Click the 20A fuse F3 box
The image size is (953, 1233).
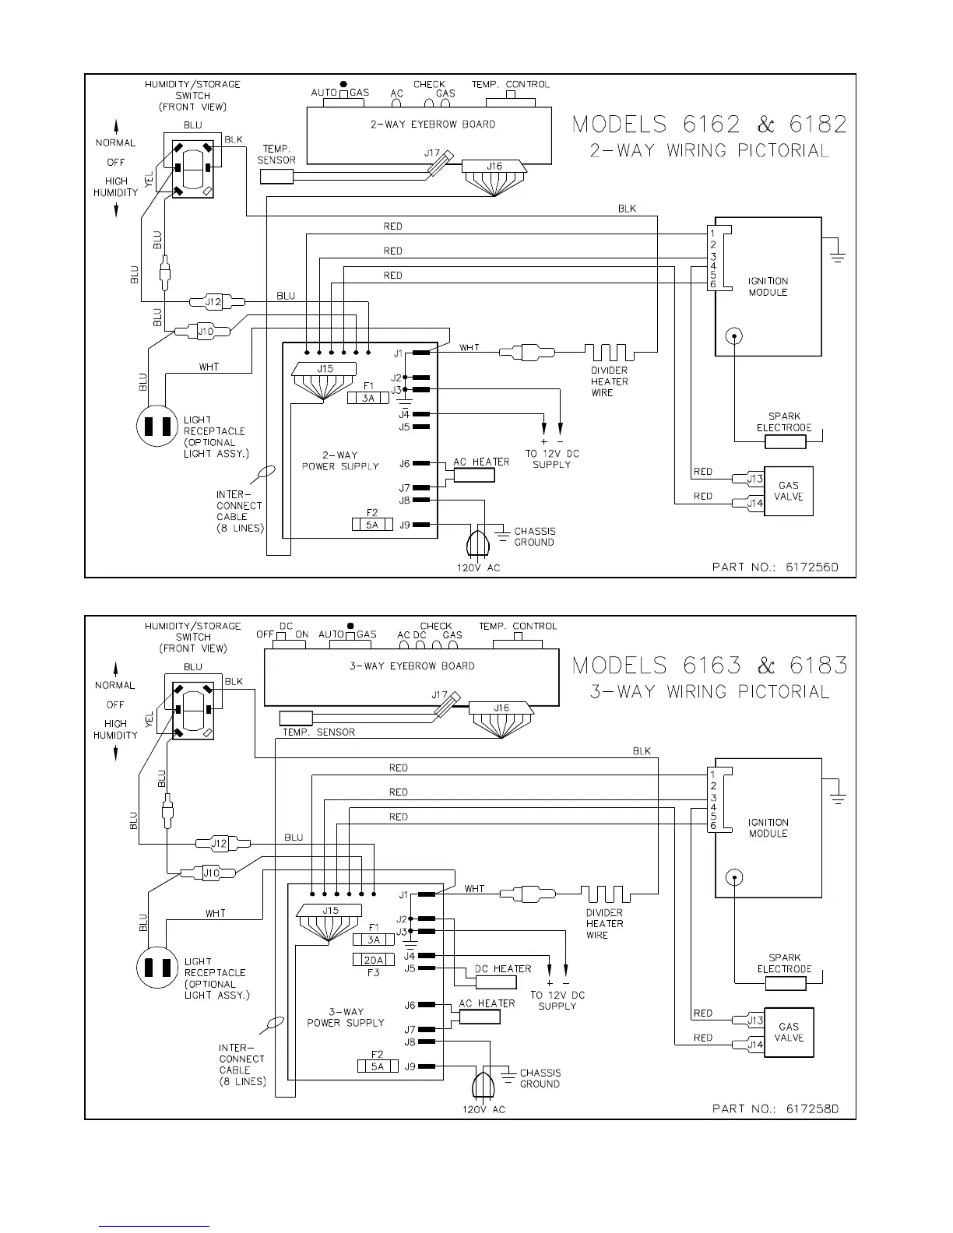tap(374, 959)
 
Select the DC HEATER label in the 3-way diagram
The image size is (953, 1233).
tap(503, 968)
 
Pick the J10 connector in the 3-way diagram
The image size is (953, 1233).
tap(211, 873)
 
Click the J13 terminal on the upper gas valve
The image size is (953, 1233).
tap(754, 479)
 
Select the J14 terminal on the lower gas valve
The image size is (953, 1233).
tap(754, 1045)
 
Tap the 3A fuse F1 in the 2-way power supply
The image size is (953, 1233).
tap(368, 398)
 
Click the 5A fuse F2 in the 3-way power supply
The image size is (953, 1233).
tap(378, 1066)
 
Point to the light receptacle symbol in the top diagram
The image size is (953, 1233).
tap(157, 426)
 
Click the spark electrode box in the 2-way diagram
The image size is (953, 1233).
tap(785, 442)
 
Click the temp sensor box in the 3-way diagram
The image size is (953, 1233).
tap(296, 718)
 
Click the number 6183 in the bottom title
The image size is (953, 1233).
tap(818, 666)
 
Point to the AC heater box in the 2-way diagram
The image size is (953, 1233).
tap(474, 475)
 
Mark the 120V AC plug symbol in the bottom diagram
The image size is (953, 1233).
tap(484, 1084)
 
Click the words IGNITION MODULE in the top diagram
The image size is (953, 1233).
tap(768, 286)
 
